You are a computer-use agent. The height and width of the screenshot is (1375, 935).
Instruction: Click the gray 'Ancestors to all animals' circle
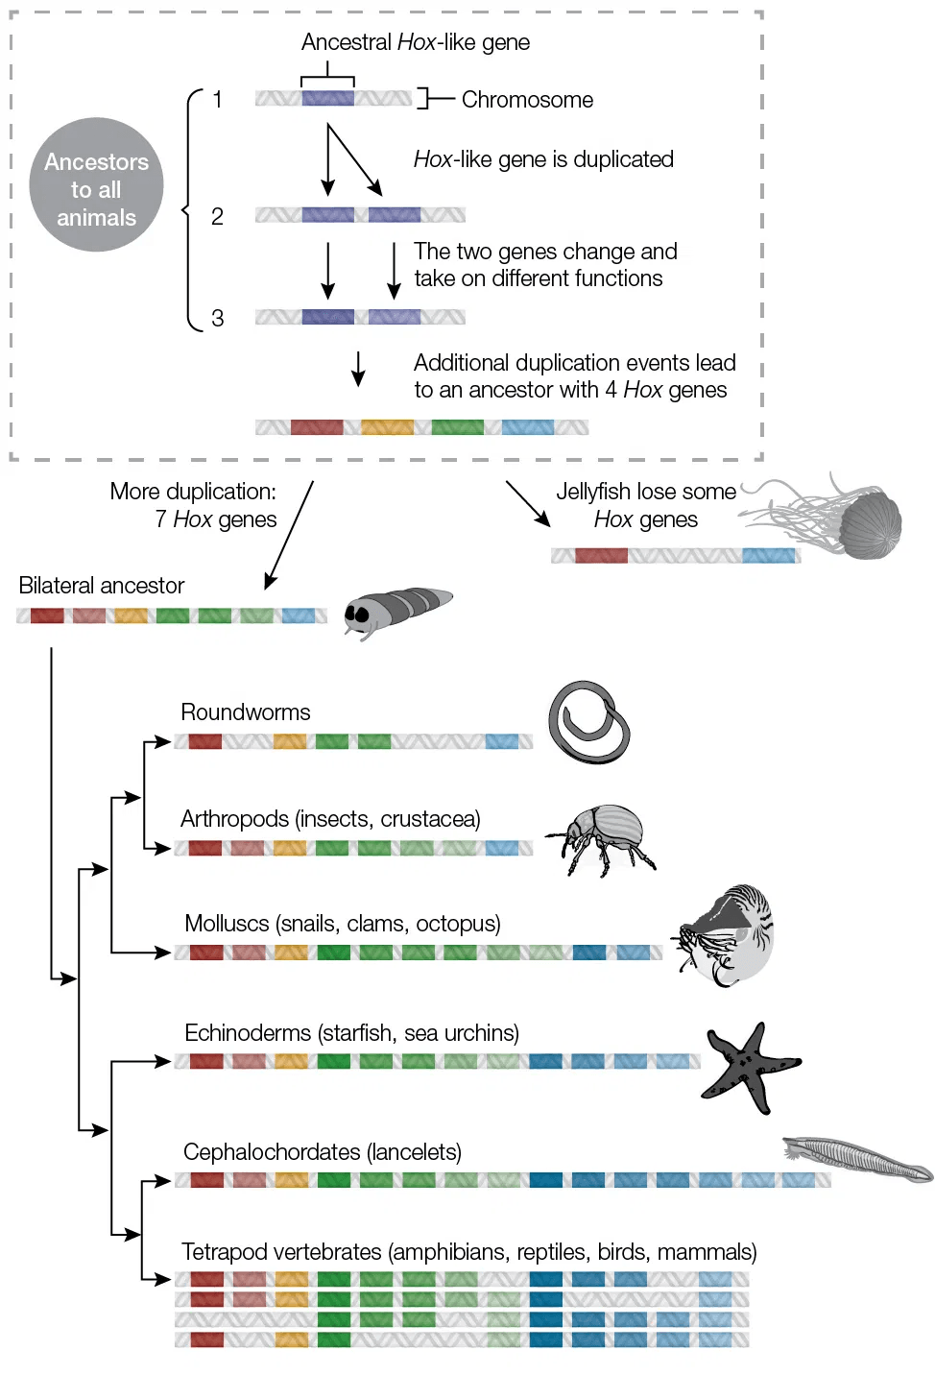pyautogui.click(x=96, y=185)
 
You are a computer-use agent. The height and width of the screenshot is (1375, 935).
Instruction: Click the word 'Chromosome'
pyautogui.click(x=527, y=100)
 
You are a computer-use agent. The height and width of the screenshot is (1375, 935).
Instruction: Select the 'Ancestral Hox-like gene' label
pyautogui.click(x=415, y=42)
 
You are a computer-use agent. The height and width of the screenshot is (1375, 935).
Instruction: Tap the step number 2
pyautogui.click(x=217, y=216)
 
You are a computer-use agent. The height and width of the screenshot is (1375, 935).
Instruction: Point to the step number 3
pyautogui.click(x=217, y=318)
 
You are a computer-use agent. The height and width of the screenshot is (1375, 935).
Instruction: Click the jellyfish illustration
pyautogui.click(x=845, y=519)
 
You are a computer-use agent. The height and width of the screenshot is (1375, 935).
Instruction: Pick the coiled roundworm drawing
pyautogui.click(x=588, y=723)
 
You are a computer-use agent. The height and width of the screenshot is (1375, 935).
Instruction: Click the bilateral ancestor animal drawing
pyautogui.click(x=396, y=611)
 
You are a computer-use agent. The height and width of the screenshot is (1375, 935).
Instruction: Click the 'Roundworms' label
pyautogui.click(x=246, y=712)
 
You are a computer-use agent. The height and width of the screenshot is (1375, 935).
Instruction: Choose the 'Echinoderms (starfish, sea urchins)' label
pyautogui.click(x=351, y=1033)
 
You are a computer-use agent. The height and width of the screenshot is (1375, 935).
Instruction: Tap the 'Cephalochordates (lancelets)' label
pyautogui.click(x=323, y=1152)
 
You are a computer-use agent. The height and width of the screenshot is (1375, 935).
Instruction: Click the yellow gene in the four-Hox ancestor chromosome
pyautogui.click(x=387, y=427)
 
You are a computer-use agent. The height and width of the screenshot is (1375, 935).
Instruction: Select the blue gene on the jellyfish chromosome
pyautogui.click(x=768, y=555)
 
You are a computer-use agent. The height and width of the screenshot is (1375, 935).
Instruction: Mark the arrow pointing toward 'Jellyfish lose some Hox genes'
pyautogui.click(x=528, y=504)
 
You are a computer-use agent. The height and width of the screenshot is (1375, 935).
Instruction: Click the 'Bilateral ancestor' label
pyautogui.click(x=102, y=586)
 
